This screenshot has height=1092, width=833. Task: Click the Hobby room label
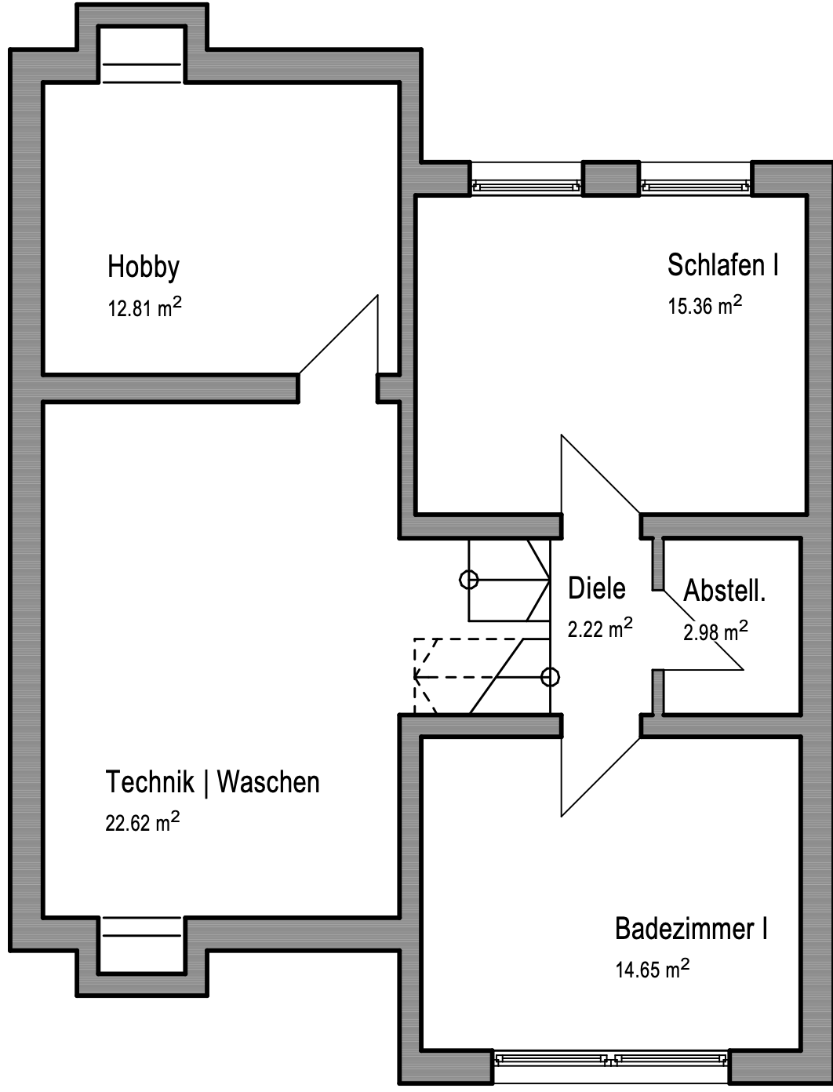144,268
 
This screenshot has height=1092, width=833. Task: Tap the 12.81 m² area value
144,307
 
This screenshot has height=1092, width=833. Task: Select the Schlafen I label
722,264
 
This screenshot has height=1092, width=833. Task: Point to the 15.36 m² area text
704,304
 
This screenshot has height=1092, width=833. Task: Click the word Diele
597,588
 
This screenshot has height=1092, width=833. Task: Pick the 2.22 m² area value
600,628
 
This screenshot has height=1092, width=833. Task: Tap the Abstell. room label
724,591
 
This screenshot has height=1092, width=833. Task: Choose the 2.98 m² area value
715,630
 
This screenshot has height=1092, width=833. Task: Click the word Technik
150,781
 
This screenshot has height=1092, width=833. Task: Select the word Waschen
268,781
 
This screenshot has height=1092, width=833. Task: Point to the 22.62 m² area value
142,821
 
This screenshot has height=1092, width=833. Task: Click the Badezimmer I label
691,928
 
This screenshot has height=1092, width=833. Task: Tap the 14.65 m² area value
653,968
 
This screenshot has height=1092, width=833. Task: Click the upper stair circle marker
468,580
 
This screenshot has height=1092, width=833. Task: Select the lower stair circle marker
550,677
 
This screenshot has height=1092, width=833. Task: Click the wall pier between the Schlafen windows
611,178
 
